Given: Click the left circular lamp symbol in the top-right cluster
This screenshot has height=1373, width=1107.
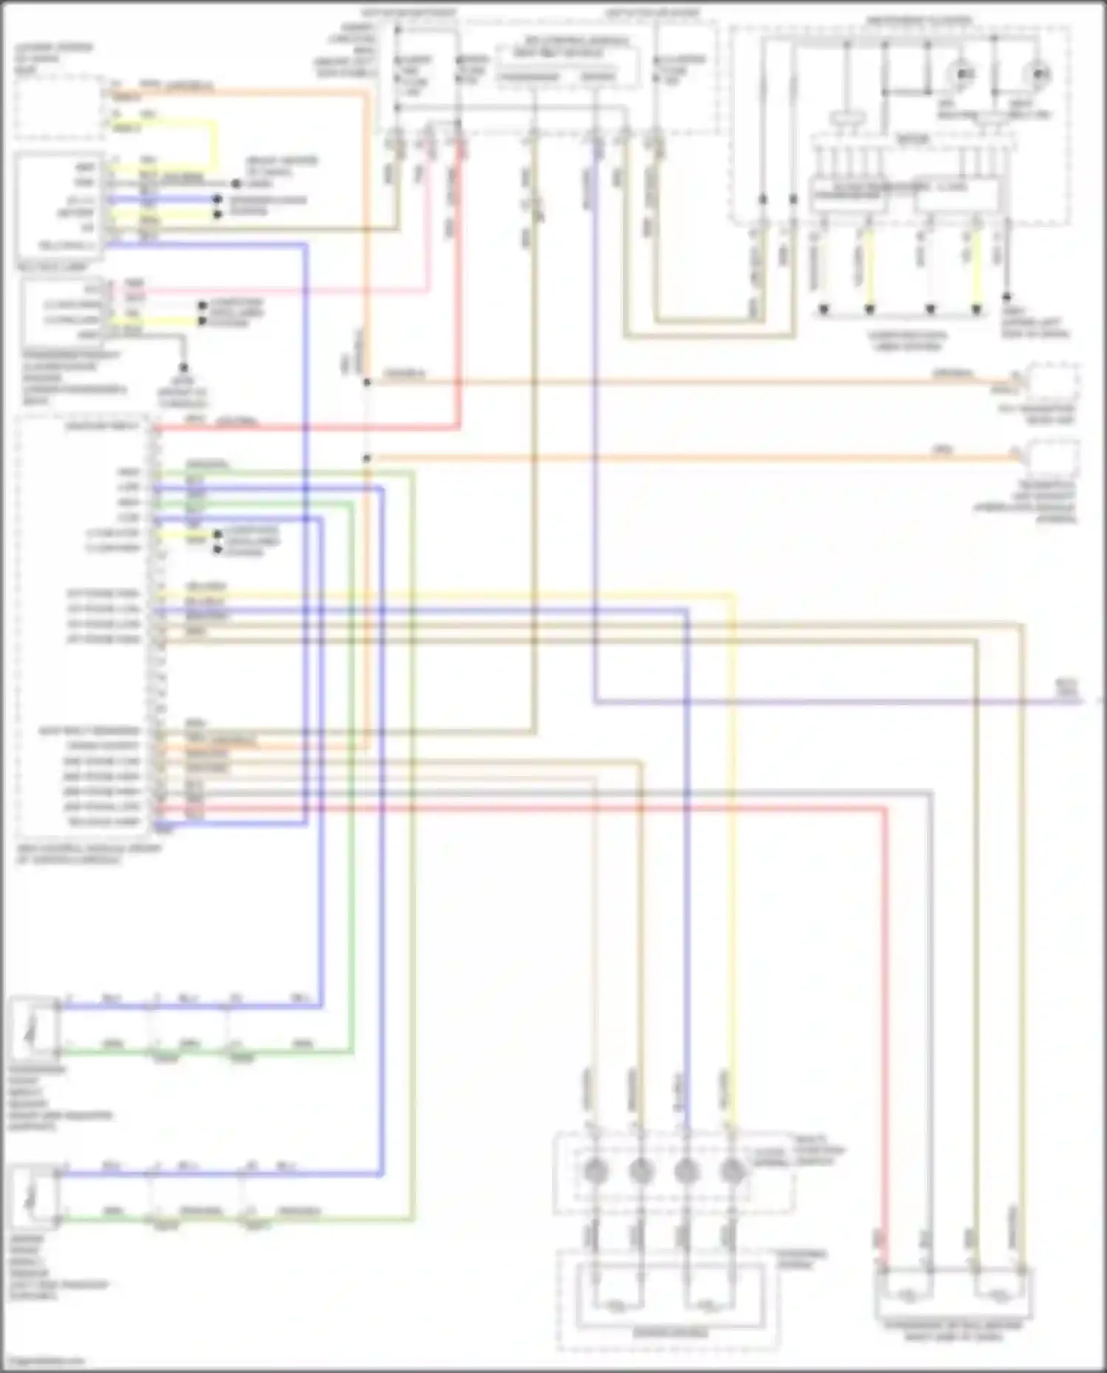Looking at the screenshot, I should click(962, 74).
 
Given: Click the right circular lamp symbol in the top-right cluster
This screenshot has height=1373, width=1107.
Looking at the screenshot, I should click(1037, 74).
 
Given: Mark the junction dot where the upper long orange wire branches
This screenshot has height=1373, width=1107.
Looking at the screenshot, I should click(367, 382).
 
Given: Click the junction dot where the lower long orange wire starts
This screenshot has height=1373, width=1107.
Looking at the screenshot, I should click(367, 458).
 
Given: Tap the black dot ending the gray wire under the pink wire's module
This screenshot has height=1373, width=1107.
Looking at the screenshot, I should click(184, 367).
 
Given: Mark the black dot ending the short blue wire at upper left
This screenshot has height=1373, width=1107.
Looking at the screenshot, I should click(217, 200).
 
